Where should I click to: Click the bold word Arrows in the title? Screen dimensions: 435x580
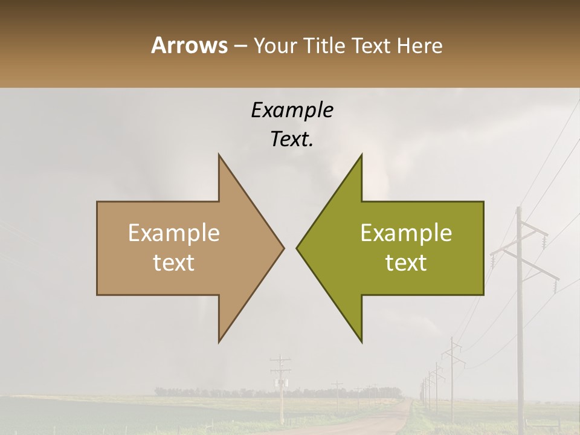(189, 45)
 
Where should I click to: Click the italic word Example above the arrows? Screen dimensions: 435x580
(292, 111)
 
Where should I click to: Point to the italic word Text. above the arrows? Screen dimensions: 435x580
(292, 140)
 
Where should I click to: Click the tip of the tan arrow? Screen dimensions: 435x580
(283, 248)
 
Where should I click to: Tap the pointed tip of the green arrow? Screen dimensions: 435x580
(297, 248)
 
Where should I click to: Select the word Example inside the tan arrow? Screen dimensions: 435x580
(174, 233)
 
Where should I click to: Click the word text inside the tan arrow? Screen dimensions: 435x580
(174, 263)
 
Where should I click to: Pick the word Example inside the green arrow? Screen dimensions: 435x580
(406, 233)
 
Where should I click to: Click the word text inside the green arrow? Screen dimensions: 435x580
(406, 263)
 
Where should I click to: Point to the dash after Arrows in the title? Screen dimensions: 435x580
(240, 46)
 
